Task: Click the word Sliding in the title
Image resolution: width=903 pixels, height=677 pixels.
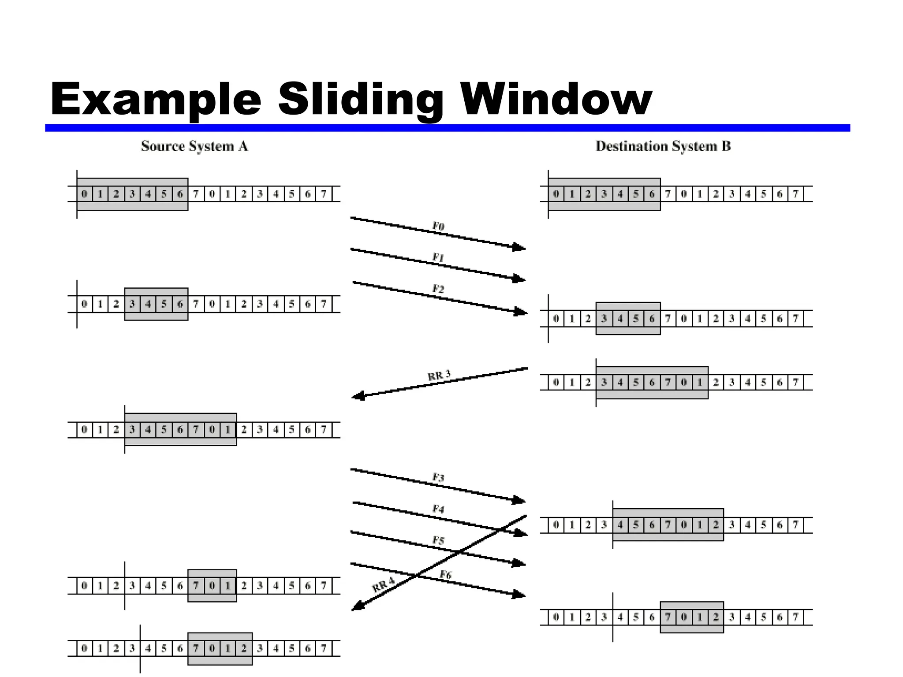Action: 360,100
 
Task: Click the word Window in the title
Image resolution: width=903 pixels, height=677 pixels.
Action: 556,100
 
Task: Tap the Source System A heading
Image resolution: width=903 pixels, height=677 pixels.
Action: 194,146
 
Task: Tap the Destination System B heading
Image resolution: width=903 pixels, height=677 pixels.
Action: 663,146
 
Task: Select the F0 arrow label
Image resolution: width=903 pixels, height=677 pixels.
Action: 438,227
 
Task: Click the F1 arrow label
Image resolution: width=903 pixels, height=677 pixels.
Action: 438,257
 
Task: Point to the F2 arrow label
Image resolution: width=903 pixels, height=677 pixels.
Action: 438,289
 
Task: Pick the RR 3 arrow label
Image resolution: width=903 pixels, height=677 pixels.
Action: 439,376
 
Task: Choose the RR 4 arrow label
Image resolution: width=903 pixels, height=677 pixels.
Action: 383,586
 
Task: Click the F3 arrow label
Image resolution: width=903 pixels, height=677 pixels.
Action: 438,477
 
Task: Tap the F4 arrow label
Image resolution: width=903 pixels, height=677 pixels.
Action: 438,509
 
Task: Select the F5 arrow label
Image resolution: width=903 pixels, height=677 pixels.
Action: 438,540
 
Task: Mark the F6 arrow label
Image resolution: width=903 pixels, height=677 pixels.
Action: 445,575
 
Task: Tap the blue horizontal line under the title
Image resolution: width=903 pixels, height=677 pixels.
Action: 447,128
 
